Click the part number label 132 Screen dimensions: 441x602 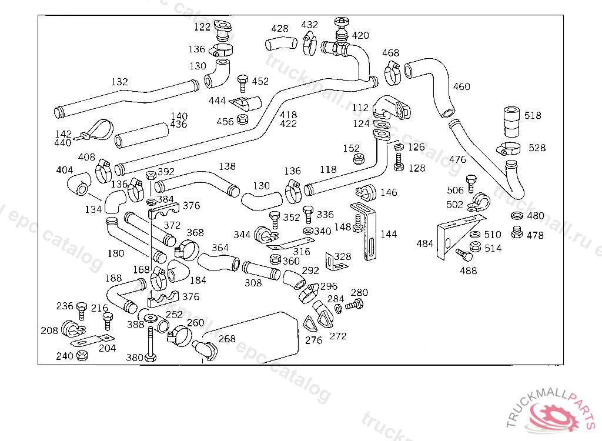coord(119,82)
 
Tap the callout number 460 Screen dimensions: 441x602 coord(461,87)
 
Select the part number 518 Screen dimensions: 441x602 coord(533,116)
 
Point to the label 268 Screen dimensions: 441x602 coord(227,339)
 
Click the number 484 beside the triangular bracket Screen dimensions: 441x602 coord(425,243)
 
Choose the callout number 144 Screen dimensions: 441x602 coord(389,234)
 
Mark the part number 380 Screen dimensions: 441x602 coord(135,357)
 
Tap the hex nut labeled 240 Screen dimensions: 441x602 coord(82,356)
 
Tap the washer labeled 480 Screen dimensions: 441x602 coord(517,216)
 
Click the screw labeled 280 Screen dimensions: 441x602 coord(355,304)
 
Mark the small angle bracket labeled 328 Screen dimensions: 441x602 coord(333,262)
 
